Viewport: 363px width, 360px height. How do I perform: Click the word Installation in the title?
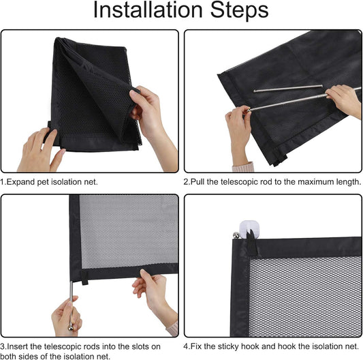pyautogui.click(x=148, y=10)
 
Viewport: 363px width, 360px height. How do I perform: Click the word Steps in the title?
pyautogui.click(x=239, y=10)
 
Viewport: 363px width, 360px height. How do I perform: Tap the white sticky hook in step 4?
pyautogui.click(x=249, y=230)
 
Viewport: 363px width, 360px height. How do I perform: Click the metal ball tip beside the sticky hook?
pyautogui.click(x=236, y=235)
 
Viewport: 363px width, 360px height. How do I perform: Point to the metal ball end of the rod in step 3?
pyautogui.click(x=71, y=327)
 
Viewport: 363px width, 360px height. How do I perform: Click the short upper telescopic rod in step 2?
pyautogui.click(x=288, y=89)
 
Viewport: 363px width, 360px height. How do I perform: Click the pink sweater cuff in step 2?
pyautogui.click(x=243, y=166)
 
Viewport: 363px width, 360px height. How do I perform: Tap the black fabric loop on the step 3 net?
pyautogui.click(x=84, y=277)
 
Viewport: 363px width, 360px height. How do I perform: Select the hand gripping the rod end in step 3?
pyautogui.click(x=66, y=317)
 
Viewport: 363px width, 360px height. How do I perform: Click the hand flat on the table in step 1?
pyautogui.click(x=40, y=151)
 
